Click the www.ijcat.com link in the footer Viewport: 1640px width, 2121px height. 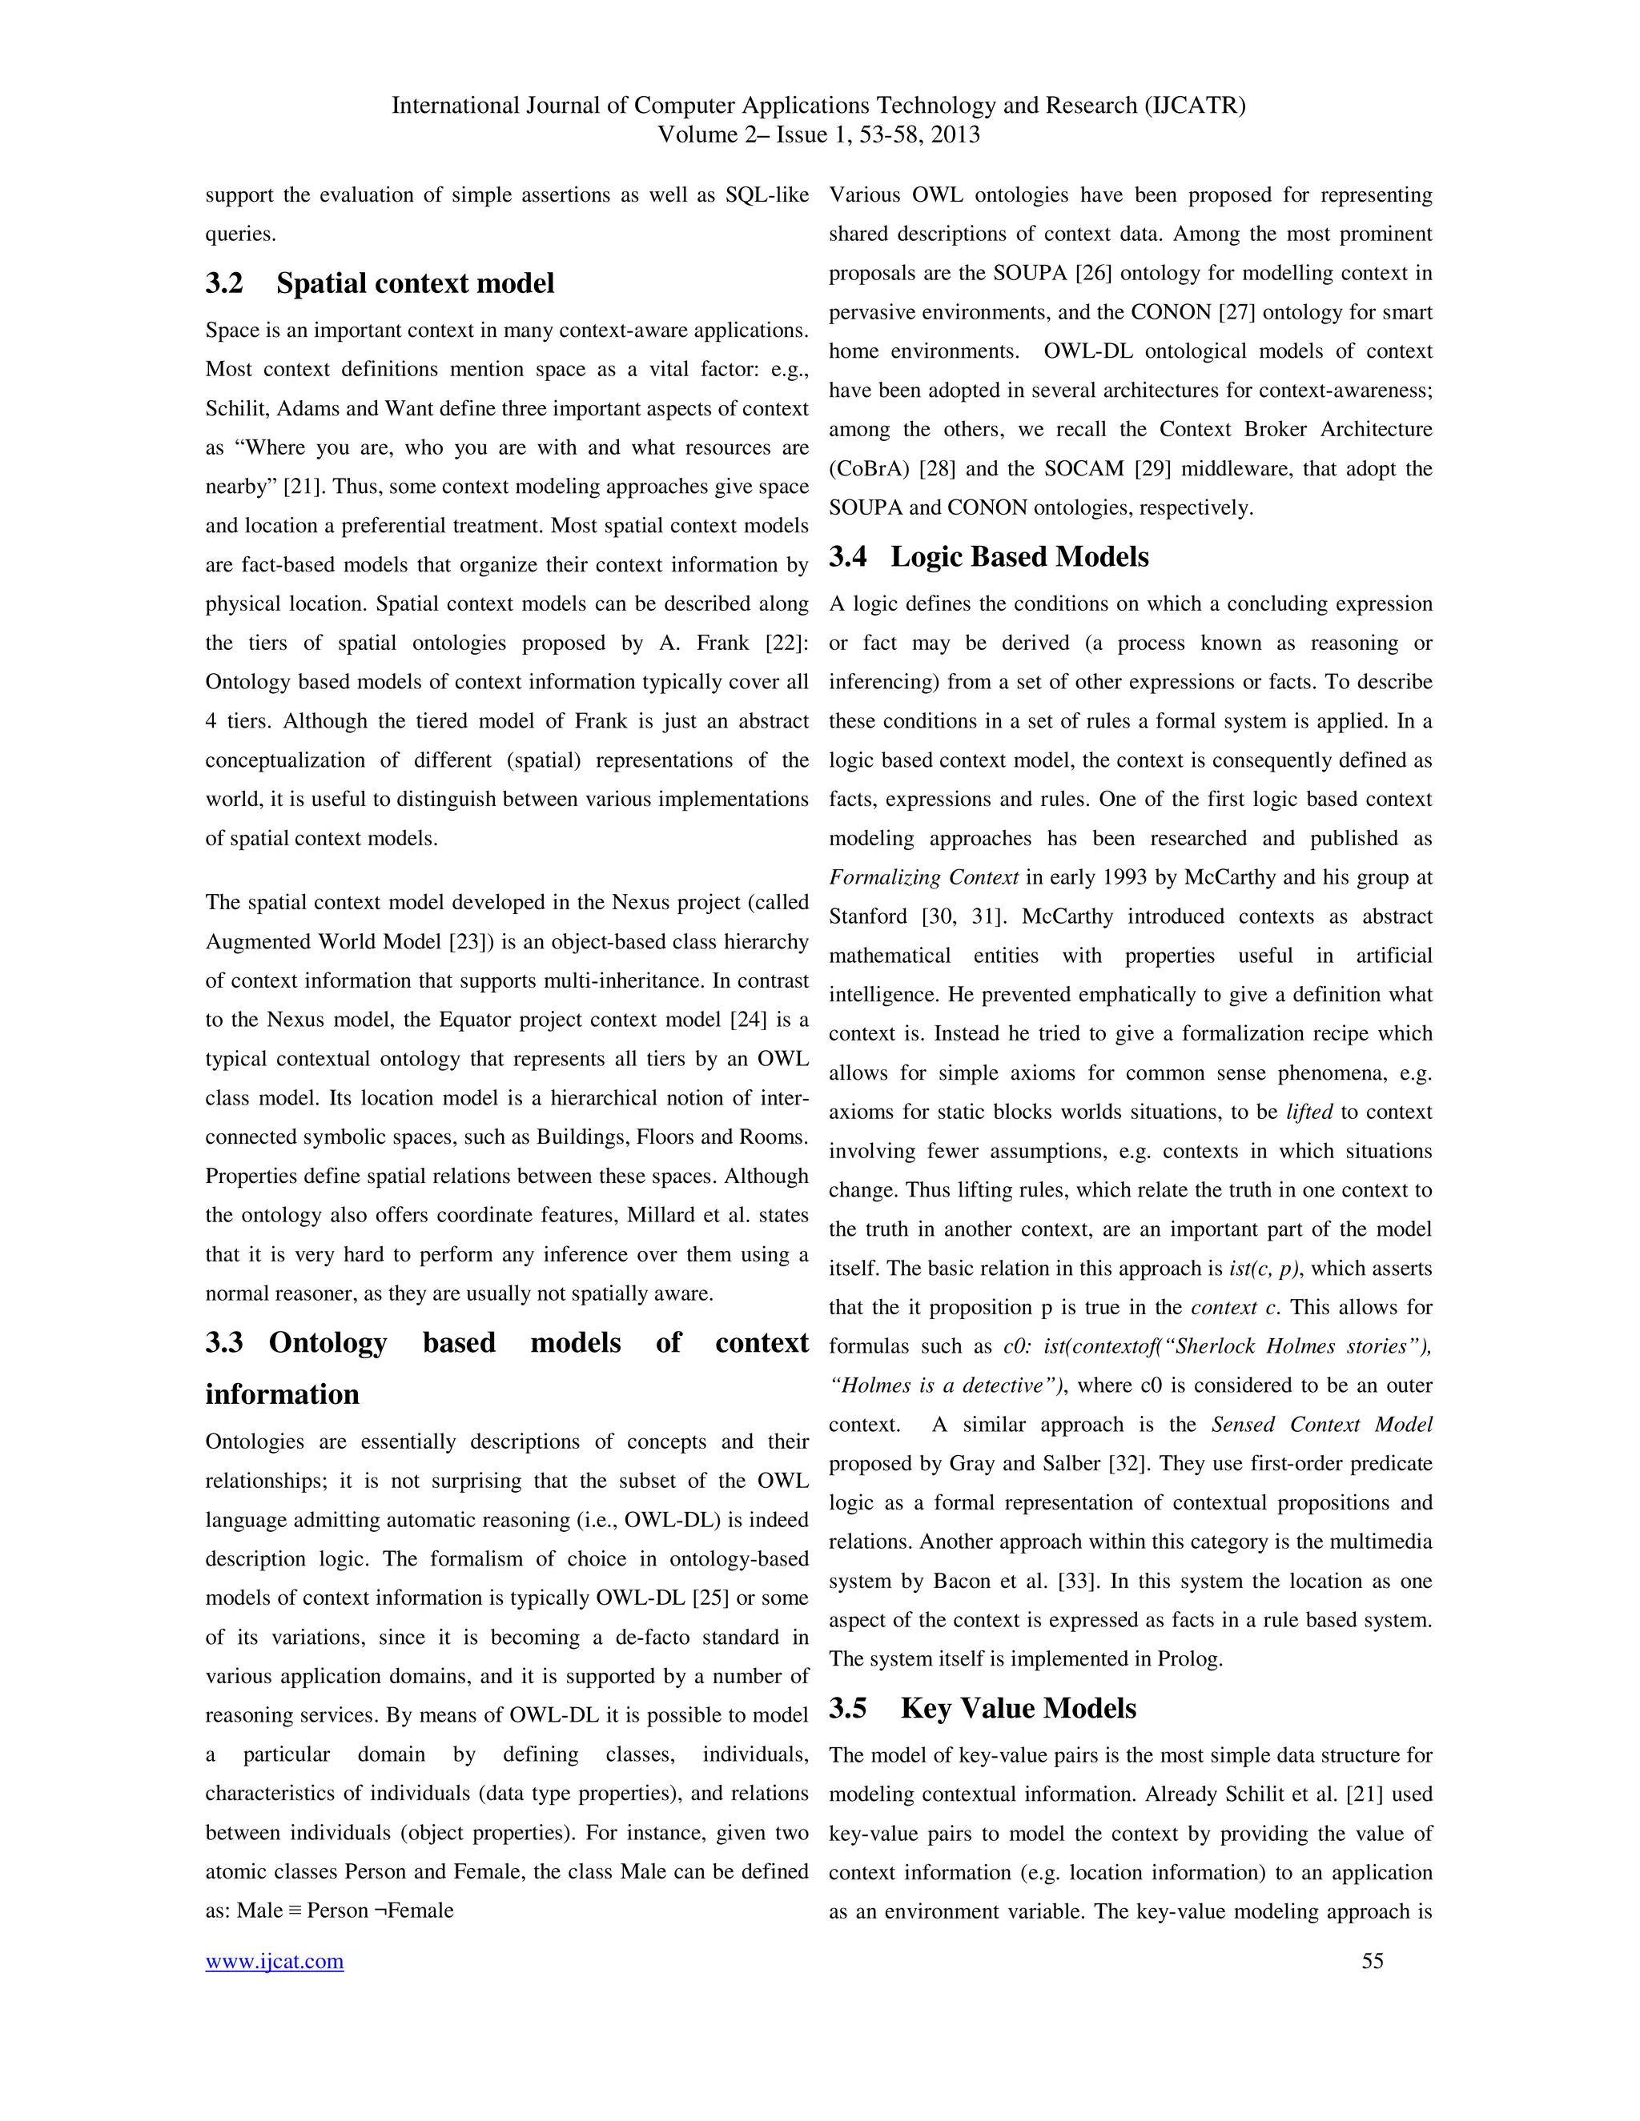(274, 1961)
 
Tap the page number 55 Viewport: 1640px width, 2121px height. (1372, 1961)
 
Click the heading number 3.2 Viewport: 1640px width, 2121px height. (224, 283)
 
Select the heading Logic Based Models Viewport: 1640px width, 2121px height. (1019, 556)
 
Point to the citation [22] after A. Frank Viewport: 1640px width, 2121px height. (786, 643)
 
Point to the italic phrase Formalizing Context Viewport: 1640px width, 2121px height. (923, 878)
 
